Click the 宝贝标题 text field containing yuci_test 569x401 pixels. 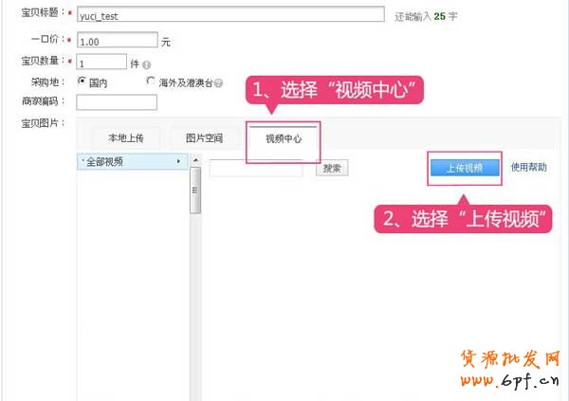click(230, 14)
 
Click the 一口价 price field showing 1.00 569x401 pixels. click(118, 40)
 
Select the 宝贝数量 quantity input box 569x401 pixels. click(101, 62)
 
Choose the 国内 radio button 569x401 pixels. click(82, 81)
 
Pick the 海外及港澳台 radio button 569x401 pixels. click(150, 81)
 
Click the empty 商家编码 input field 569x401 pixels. click(117, 102)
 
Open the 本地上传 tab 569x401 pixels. click(125, 137)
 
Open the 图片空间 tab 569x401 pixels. click(204, 137)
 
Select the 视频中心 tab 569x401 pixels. click(284, 138)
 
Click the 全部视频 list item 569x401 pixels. click(132, 161)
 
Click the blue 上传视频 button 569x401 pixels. click(465, 168)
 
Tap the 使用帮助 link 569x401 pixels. click(529, 167)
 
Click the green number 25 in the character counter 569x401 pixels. click(439, 16)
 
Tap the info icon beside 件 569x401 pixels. click(147, 65)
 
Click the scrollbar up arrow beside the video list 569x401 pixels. click(195, 160)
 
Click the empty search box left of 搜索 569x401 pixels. click(256, 168)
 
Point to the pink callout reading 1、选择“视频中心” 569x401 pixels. click(335, 90)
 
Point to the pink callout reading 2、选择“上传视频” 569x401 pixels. click(463, 219)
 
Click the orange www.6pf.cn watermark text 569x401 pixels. click(510, 380)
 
